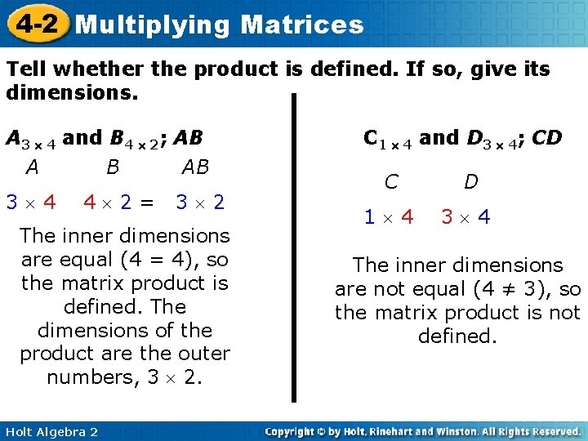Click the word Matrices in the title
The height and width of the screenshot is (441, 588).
302,24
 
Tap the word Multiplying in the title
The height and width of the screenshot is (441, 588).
153,24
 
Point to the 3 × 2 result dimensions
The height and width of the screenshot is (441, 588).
200,202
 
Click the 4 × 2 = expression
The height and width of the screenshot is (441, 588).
118,202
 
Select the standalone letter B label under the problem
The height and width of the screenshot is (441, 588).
113,167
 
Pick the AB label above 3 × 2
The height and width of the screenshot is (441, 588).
195,167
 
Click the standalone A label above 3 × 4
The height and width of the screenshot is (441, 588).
32,167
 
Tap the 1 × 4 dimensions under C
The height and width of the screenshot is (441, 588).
389,217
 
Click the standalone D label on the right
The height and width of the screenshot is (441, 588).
471,181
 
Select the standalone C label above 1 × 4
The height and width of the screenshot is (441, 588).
391,181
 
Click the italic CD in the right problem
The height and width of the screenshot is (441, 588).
546,138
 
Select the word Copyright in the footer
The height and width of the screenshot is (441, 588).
292,431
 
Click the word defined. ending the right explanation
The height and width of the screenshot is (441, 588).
457,336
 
